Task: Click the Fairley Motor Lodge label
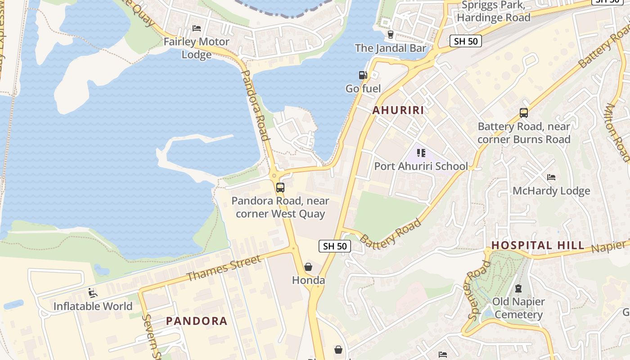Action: click(x=196, y=48)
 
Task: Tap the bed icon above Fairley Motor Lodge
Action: click(x=197, y=28)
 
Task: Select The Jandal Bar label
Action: click(x=390, y=48)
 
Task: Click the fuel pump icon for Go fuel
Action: click(x=363, y=75)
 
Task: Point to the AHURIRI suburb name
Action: click(x=398, y=110)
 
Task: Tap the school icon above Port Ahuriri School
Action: click(x=421, y=153)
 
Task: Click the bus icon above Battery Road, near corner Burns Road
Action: click(x=524, y=113)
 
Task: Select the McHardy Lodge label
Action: click(x=551, y=191)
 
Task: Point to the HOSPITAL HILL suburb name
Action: click(x=538, y=245)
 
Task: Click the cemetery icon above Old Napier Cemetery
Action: click(x=518, y=288)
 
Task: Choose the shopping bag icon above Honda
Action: click(x=308, y=267)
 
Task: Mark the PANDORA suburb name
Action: click(x=197, y=321)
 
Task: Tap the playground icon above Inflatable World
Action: click(x=93, y=293)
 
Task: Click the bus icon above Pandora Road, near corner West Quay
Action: click(x=280, y=187)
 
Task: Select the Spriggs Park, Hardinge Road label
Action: click(x=493, y=12)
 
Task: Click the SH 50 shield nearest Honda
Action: click(x=335, y=246)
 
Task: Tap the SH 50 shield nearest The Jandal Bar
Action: click(x=466, y=41)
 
